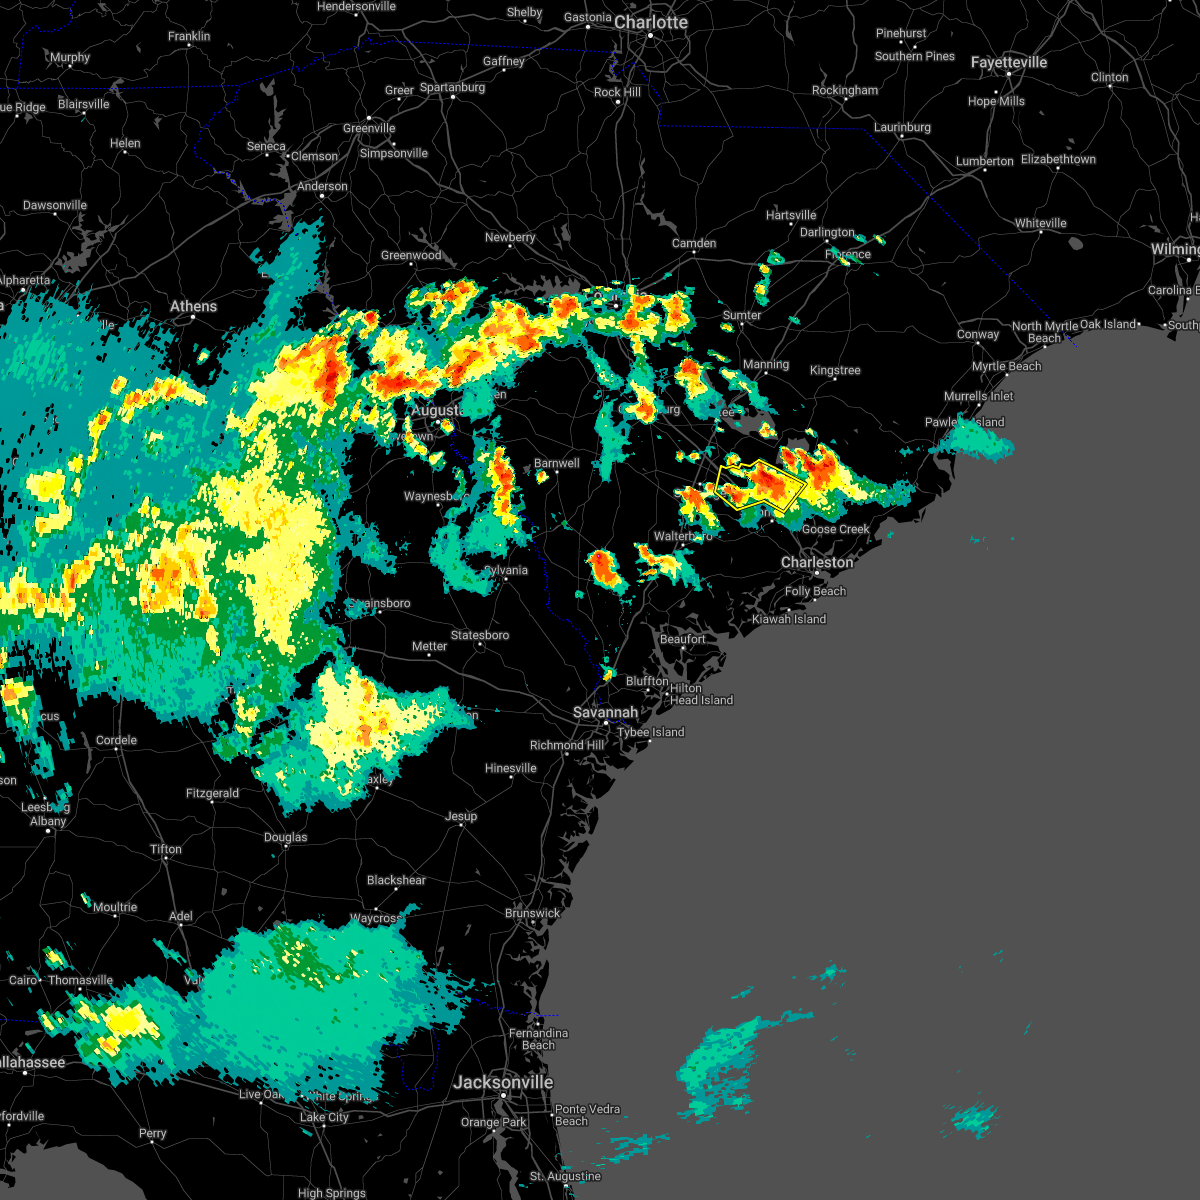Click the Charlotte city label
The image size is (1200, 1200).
point(651,22)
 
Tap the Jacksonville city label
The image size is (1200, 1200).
point(503,1082)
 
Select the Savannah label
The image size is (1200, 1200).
point(605,712)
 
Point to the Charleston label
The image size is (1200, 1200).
point(817,562)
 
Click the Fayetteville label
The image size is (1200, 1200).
point(1009,62)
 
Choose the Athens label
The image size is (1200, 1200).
point(193,306)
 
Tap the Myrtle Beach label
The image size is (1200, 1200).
point(1007,366)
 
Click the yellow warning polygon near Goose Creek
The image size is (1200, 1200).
point(761,485)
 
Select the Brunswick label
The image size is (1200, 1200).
point(532,913)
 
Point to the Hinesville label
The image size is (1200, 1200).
point(511,768)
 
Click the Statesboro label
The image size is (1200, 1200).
point(480,635)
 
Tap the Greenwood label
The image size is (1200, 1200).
point(411,255)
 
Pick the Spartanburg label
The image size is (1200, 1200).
point(452,87)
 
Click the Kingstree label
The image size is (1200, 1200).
point(835,370)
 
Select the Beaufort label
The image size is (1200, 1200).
point(683,639)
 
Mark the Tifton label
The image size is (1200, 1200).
point(166,849)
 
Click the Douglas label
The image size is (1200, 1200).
point(285,837)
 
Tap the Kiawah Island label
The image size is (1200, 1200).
point(789,619)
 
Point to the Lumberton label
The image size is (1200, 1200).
point(985,161)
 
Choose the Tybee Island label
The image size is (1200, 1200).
point(651,732)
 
